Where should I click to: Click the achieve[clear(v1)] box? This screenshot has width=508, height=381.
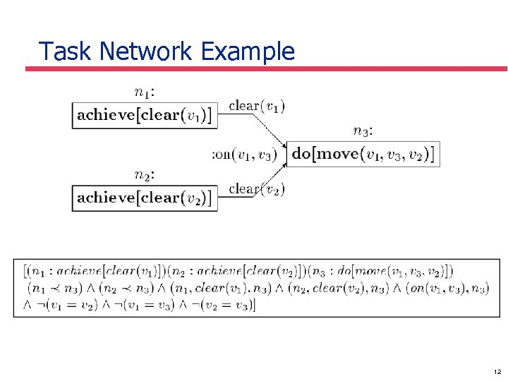tap(143, 116)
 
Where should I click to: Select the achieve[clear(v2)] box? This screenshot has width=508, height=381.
tap(143, 198)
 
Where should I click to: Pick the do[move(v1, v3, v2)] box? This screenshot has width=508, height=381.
tap(363, 153)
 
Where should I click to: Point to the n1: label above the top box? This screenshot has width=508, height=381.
tap(145, 91)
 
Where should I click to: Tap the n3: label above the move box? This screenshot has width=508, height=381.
tap(363, 130)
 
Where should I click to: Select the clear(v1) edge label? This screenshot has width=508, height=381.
tap(257, 106)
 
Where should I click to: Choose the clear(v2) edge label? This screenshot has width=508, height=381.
tap(257, 188)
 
